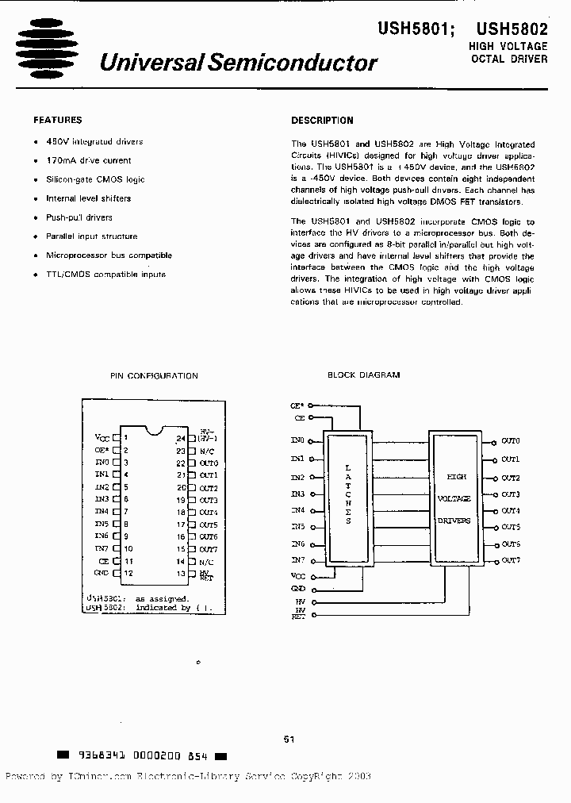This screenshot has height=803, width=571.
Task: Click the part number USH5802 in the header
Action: click(516, 29)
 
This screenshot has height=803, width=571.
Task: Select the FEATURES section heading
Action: click(57, 121)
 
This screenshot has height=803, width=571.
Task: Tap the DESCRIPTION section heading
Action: click(322, 121)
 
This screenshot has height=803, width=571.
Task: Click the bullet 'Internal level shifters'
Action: click(88, 198)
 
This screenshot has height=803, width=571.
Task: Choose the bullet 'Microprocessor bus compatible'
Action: click(109, 255)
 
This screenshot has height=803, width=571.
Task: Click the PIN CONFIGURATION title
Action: click(153, 375)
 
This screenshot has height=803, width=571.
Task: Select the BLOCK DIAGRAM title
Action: click(363, 375)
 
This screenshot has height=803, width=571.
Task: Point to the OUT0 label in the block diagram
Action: click(510, 440)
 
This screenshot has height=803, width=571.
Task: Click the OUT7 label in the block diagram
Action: click(510, 561)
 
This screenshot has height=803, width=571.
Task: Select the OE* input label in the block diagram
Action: click(297, 405)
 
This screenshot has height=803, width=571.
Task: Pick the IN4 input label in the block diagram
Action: click(297, 510)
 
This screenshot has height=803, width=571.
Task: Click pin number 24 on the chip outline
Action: click(181, 438)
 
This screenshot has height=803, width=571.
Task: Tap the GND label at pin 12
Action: click(101, 572)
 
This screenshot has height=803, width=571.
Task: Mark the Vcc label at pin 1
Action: click(102, 437)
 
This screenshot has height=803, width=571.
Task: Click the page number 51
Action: click(289, 740)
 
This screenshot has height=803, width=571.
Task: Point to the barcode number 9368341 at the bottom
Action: click(95, 756)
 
